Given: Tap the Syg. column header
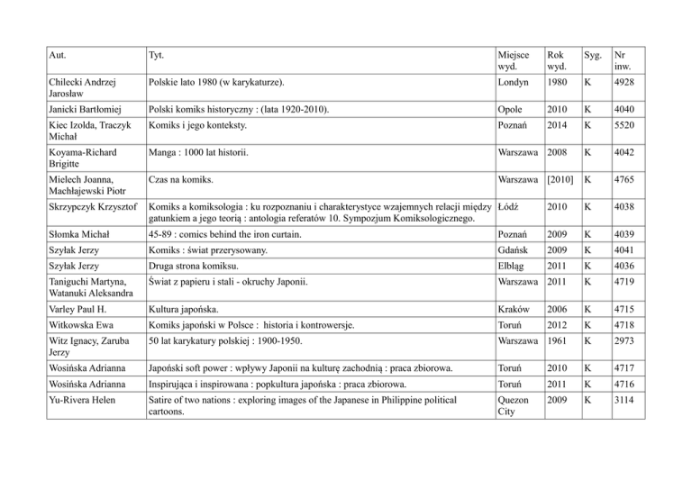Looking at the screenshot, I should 589,54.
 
